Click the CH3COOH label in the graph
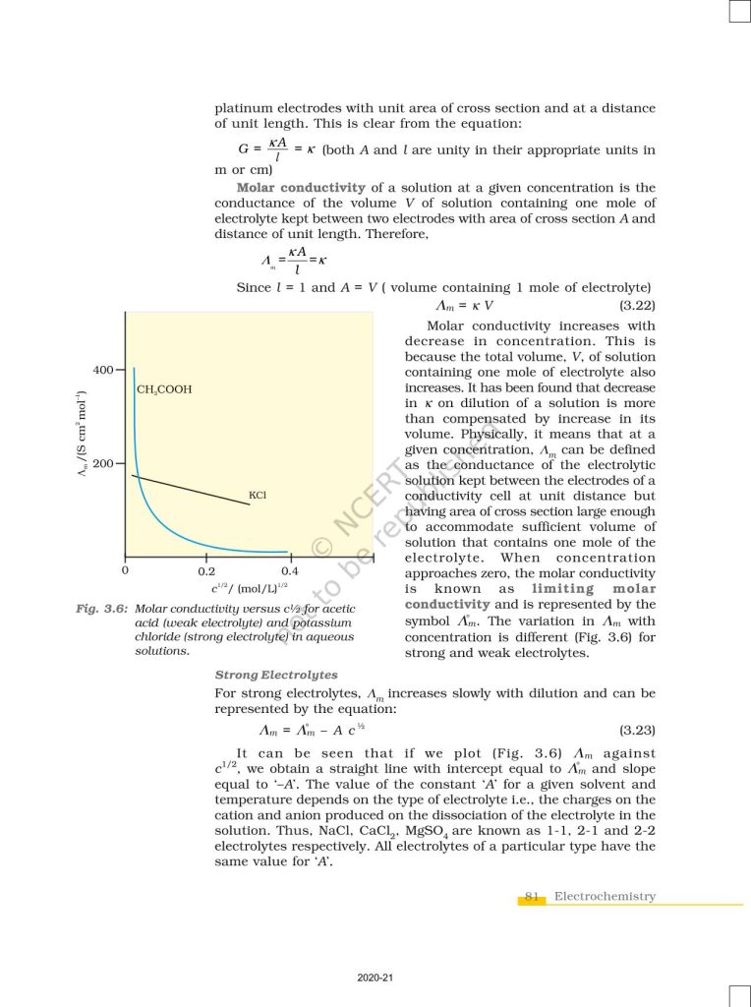pyautogui.click(x=164, y=389)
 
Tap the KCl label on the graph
pyautogui.click(x=258, y=495)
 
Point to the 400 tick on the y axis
pyautogui.click(x=102, y=370)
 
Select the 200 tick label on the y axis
pyautogui.click(x=102, y=462)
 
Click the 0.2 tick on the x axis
pyautogui.click(x=206, y=570)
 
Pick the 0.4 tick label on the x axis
pyautogui.click(x=289, y=570)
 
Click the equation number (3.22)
pyautogui.click(x=637, y=306)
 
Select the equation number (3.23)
pyautogui.click(x=637, y=731)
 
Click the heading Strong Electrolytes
pyautogui.click(x=276, y=675)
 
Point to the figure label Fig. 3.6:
pyautogui.click(x=102, y=609)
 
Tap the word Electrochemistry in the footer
pyautogui.click(x=605, y=896)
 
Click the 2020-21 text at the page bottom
pyautogui.click(x=375, y=978)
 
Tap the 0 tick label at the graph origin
pyautogui.click(x=125, y=570)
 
